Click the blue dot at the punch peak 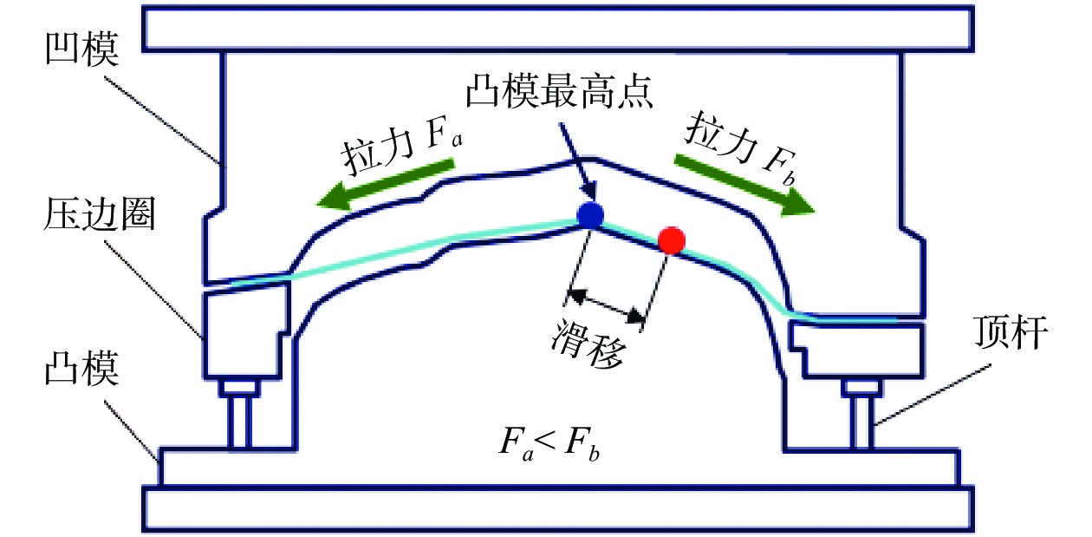pos(589,216)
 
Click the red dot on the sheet pos(672,240)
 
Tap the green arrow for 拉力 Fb pos(745,183)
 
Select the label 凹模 pos(83,54)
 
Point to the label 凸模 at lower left pos(83,373)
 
